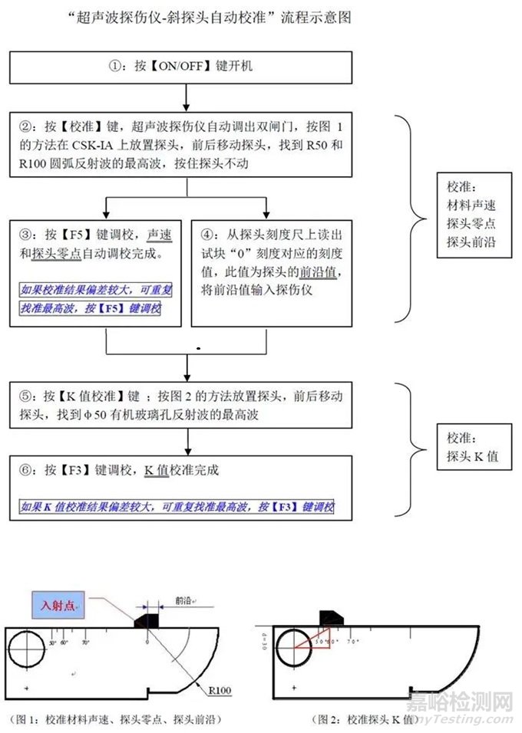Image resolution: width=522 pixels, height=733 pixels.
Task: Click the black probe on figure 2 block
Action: (332, 618)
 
